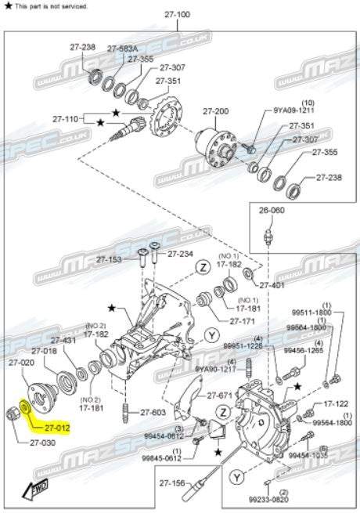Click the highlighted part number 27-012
tap(57, 428)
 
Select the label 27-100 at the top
tap(178, 14)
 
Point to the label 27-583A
tap(122, 48)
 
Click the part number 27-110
tap(67, 119)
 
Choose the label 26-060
tap(273, 210)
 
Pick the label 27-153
tap(110, 259)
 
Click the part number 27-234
tap(180, 254)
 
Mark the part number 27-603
tap(153, 412)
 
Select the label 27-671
tap(221, 396)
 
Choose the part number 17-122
tap(335, 404)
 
